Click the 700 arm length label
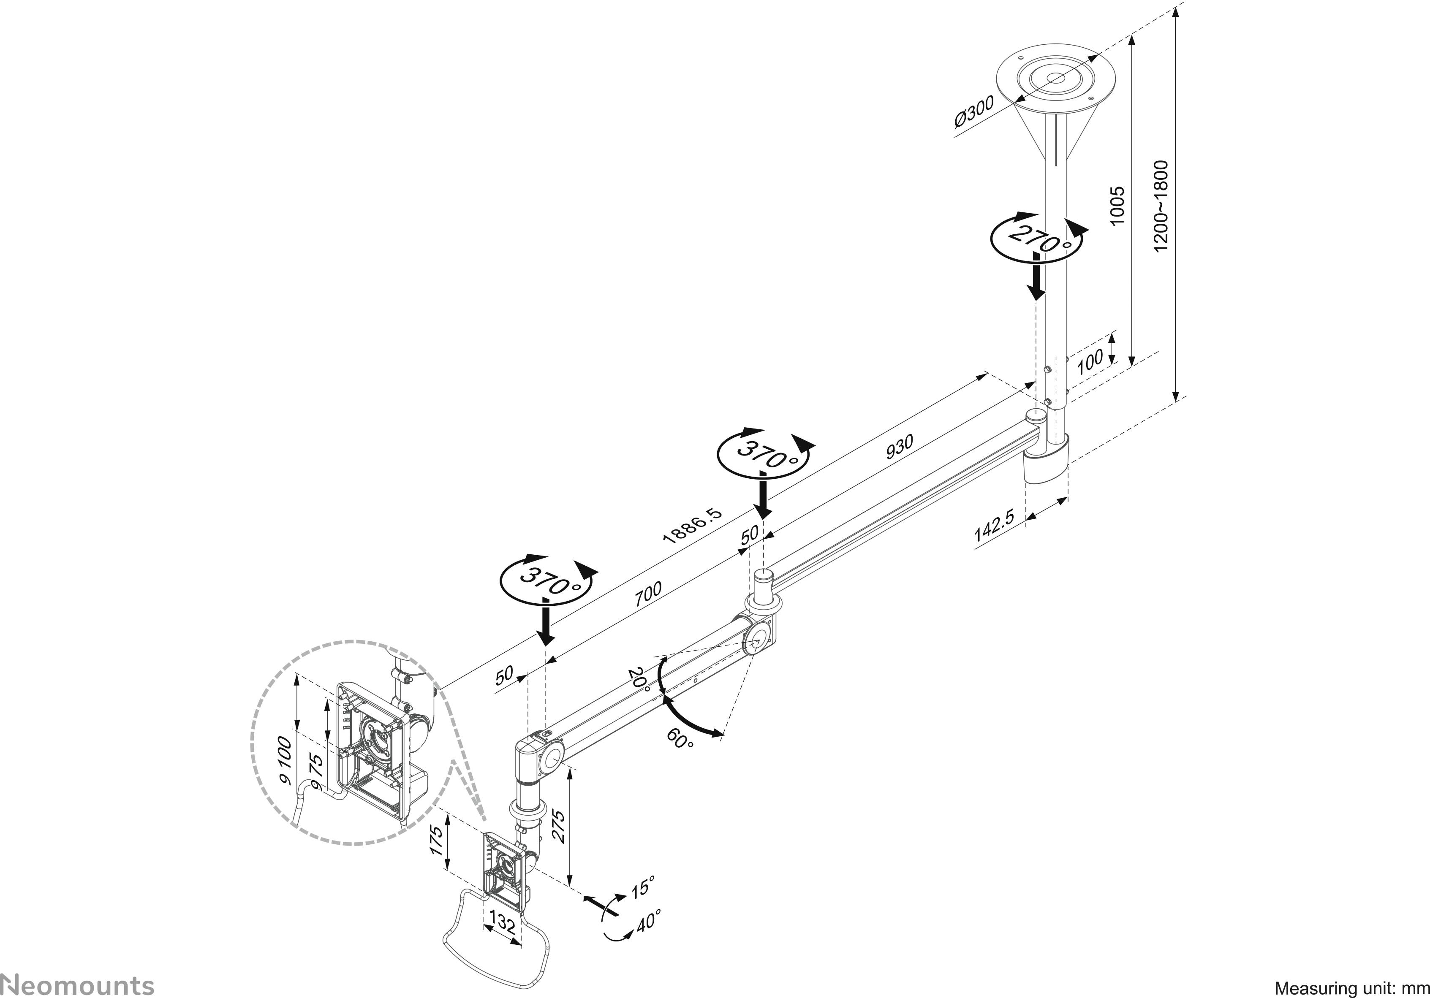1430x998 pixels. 648,594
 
